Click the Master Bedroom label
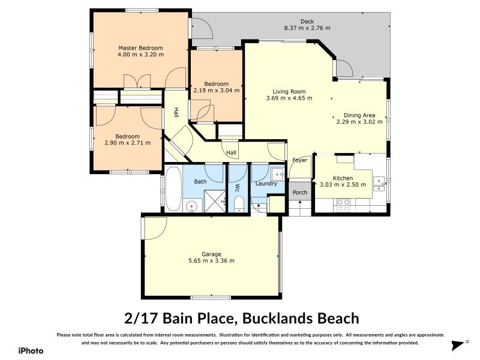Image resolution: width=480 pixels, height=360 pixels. tap(140, 48)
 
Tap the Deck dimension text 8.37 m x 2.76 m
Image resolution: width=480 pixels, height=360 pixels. tap(307, 28)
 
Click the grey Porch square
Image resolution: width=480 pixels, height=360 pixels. tap(299, 193)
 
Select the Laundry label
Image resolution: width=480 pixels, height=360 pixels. tap(266, 184)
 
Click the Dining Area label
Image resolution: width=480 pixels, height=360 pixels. tap(359, 115)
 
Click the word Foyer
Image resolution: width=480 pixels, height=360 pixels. tap(299, 160)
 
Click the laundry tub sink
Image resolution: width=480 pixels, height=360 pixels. tap(278, 174)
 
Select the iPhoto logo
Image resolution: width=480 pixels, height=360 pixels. tap(30, 350)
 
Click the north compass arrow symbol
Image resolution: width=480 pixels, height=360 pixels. tap(458, 345)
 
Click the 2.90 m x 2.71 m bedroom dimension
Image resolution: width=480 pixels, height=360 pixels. tap(127, 143)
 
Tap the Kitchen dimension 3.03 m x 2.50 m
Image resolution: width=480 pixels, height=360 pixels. tap(343, 185)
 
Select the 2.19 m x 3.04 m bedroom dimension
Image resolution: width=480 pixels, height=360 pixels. tap(216, 91)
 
